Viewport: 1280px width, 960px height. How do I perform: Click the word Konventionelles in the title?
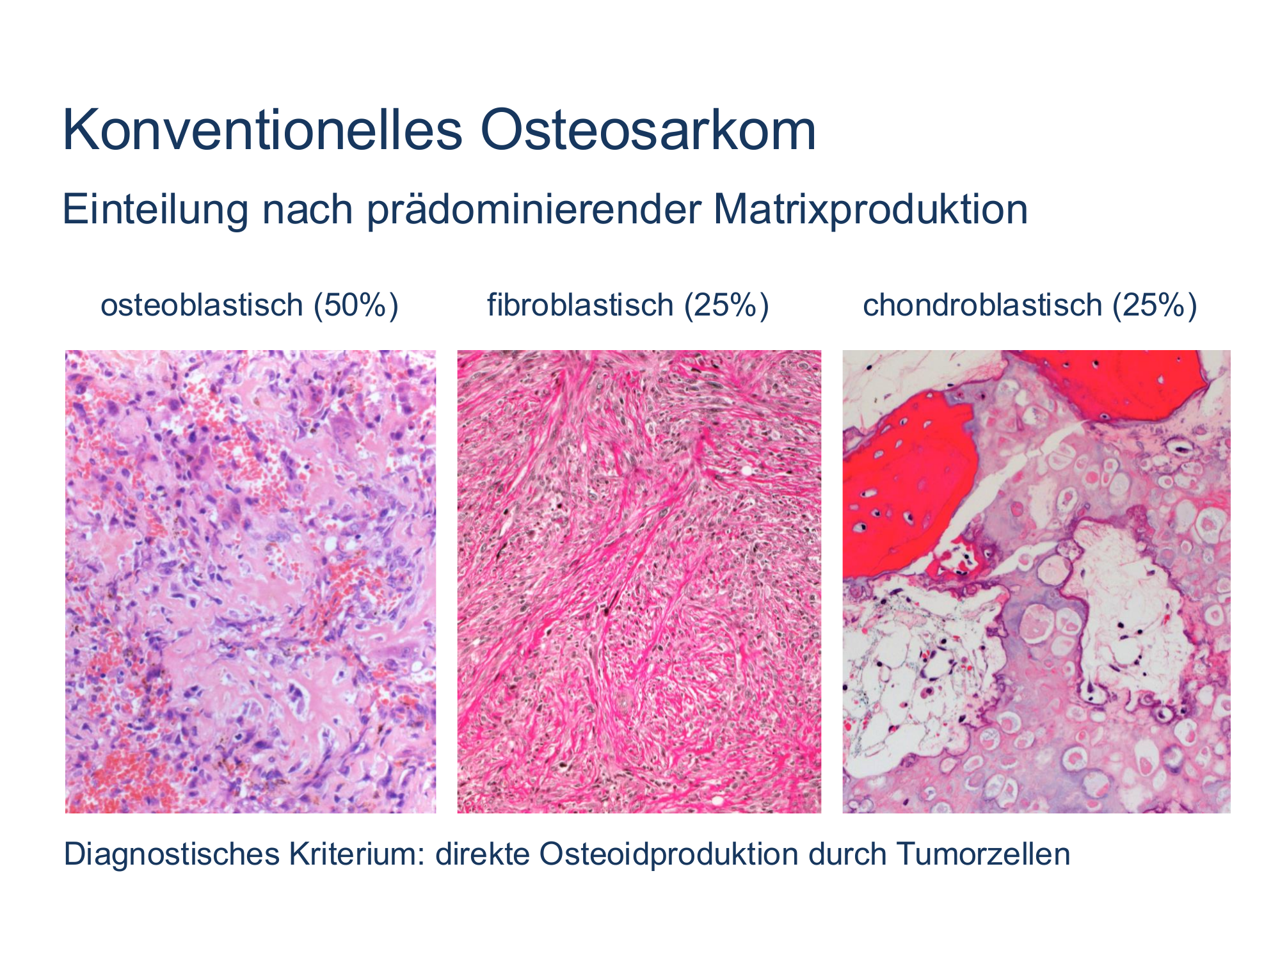[x=262, y=131]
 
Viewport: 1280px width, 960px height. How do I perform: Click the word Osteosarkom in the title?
[x=648, y=131]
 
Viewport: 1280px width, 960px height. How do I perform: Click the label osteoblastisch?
[x=202, y=305]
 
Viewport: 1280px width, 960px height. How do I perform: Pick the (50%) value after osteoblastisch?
[x=356, y=305]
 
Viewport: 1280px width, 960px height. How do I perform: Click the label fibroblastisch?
[x=580, y=305]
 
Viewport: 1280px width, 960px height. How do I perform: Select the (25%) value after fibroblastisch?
[x=726, y=305]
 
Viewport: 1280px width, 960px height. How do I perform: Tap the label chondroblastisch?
[x=982, y=305]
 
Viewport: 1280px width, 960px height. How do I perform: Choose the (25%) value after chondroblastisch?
[x=1155, y=305]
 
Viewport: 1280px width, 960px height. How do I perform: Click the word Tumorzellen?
[x=983, y=854]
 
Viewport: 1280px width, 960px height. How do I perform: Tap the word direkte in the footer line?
[x=483, y=854]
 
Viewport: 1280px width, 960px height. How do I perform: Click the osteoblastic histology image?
[x=250, y=582]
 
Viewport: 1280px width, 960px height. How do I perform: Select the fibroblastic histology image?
[x=639, y=582]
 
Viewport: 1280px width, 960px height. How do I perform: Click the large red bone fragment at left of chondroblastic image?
[x=909, y=486]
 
